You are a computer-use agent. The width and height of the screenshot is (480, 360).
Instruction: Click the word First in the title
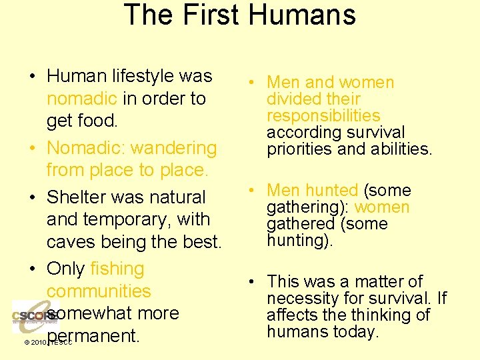209,15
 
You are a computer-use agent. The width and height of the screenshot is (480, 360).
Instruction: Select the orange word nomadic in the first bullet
82,99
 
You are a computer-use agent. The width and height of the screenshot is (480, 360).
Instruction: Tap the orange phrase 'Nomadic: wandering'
132,148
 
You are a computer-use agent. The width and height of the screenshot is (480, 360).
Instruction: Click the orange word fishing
117,269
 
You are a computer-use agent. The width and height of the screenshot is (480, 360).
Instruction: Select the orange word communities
99,291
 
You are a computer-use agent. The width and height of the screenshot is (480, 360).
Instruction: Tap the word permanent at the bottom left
93,335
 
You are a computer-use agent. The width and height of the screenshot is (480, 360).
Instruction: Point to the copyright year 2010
36,343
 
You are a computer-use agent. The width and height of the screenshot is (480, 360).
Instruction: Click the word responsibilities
323,116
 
